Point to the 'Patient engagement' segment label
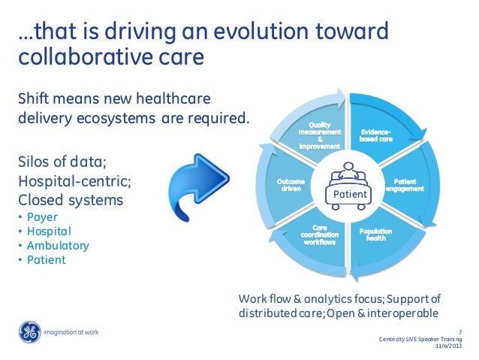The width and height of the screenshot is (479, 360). coord(405,186)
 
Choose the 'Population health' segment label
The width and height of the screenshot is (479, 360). coord(375,235)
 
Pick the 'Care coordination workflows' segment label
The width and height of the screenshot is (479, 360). coord(319,235)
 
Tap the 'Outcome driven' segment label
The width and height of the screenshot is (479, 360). coord(291,185)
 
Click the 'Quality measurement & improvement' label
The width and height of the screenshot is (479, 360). coord(319,135)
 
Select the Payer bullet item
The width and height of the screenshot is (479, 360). coord(42,217)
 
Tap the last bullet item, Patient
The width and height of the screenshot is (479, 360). coord(44,260)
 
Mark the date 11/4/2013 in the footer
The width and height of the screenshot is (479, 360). coord(449,346)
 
